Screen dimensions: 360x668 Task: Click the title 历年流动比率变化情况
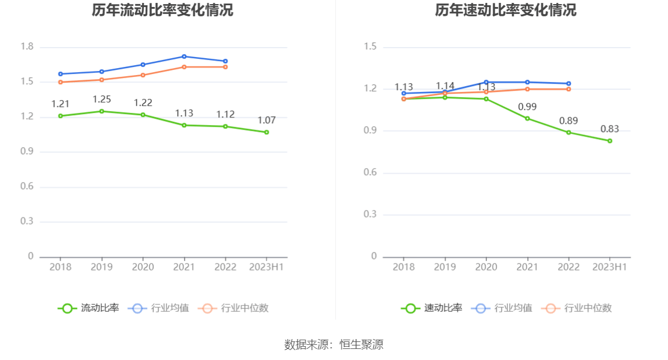162,10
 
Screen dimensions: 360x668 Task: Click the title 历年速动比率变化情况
506,10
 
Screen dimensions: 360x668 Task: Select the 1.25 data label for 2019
102,99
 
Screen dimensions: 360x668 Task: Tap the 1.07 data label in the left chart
267,120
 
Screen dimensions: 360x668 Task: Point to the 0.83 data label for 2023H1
610,129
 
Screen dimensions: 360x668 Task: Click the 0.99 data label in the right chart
527,107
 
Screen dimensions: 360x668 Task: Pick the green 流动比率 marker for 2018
61,116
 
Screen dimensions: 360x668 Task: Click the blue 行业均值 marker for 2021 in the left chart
184,56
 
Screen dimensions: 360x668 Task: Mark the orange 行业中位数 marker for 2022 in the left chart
225,67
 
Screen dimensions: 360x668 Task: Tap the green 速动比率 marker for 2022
568,132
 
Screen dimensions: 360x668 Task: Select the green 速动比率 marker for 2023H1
610,141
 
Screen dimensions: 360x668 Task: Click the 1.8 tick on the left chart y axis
27,47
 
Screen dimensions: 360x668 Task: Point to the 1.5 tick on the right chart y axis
370,47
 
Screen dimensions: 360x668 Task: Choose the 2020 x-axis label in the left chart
143,267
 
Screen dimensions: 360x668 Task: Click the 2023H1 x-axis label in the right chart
609,267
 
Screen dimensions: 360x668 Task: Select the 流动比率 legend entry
88,308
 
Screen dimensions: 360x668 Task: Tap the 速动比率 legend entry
432,308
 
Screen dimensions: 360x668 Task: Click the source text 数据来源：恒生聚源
334,344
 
